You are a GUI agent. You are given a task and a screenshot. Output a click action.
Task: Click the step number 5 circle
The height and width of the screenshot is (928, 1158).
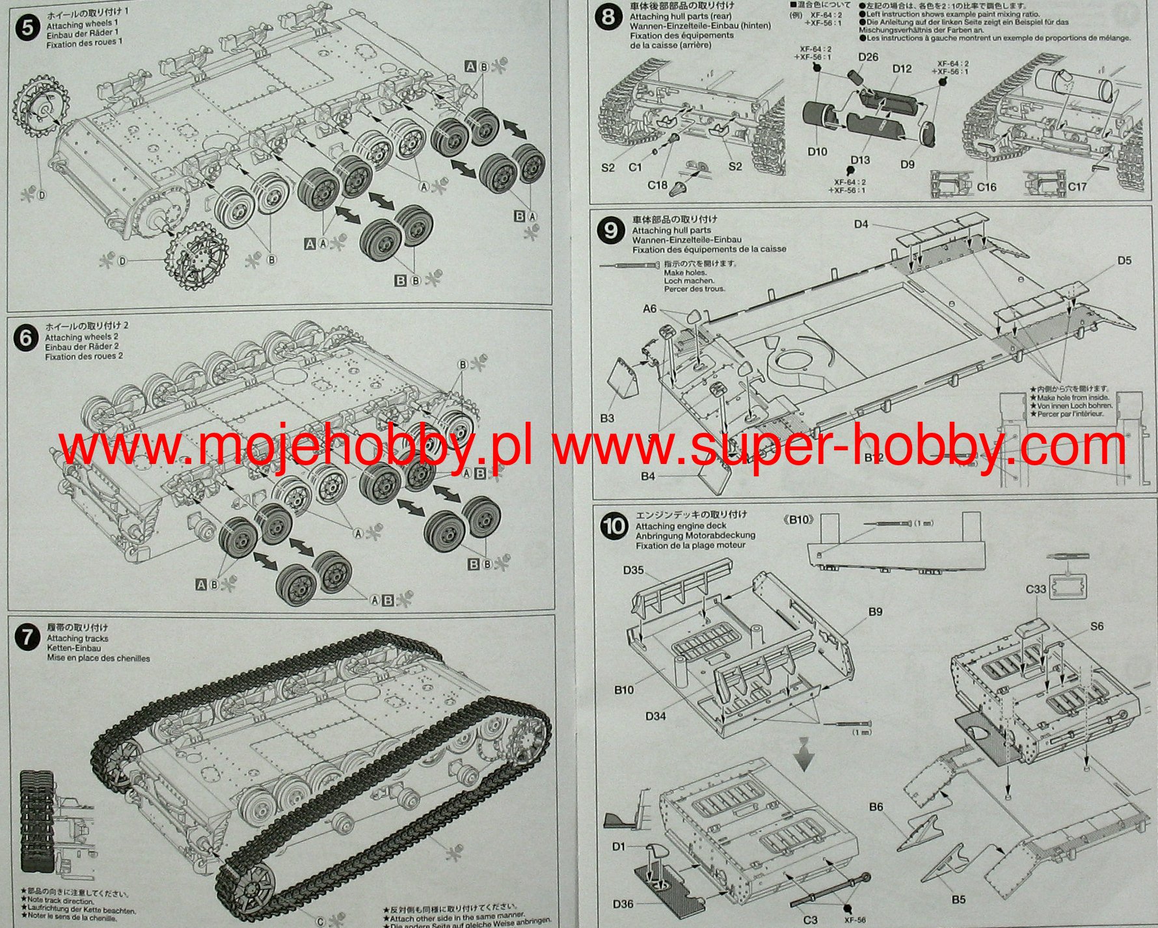pyautogui.click(x=27, y=29)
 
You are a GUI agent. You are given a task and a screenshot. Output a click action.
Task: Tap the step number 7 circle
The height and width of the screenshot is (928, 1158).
pyautogui.click(x=27, y=636)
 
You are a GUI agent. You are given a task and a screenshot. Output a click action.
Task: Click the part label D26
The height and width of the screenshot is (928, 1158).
pyautogui.click(x=868, y=57)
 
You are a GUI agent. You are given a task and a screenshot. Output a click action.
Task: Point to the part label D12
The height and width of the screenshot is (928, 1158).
pyautogui.click(x=902, y=69)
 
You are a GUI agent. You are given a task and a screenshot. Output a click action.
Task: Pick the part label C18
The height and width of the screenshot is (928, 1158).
pyautogui.click(x=657, y=185)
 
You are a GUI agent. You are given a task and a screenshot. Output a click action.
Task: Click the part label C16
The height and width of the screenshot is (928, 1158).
pyautogui.click(x=986, y=187)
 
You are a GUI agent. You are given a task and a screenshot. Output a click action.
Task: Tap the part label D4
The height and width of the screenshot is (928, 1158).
pyautogui.click(x=861, y=225)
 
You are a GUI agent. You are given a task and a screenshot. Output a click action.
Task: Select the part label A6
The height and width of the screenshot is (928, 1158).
pyautogui.click(x=649, y=309)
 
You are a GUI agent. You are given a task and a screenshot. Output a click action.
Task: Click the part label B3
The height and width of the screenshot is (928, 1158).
pyautogui.click(x=606, y=418)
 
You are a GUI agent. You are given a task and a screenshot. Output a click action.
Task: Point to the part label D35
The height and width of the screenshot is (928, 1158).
pyautogui.click(x=633, y=571)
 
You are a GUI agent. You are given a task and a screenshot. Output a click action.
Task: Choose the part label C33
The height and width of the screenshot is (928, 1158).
pyautogui.click(x=1036, y=590)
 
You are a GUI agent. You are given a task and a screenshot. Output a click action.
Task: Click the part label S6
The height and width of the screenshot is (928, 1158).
pyautogui.click(x=1097, y=626)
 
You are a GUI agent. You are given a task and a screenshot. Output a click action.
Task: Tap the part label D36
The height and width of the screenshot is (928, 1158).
pyautogui.click(x=623, y=904)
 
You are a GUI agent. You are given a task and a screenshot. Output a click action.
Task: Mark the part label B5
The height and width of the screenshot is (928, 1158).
pyautogui.click(x=958, y=900)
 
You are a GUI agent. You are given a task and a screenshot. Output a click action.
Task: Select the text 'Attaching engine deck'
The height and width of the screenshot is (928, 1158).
pyautogui.click(x=680, y=526)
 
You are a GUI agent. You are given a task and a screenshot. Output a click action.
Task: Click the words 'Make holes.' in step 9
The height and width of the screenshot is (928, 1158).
pyautogui.click(x=683, y=273)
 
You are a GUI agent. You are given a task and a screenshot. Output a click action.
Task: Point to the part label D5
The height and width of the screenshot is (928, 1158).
pyautogui.click(x=1124, y=261)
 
